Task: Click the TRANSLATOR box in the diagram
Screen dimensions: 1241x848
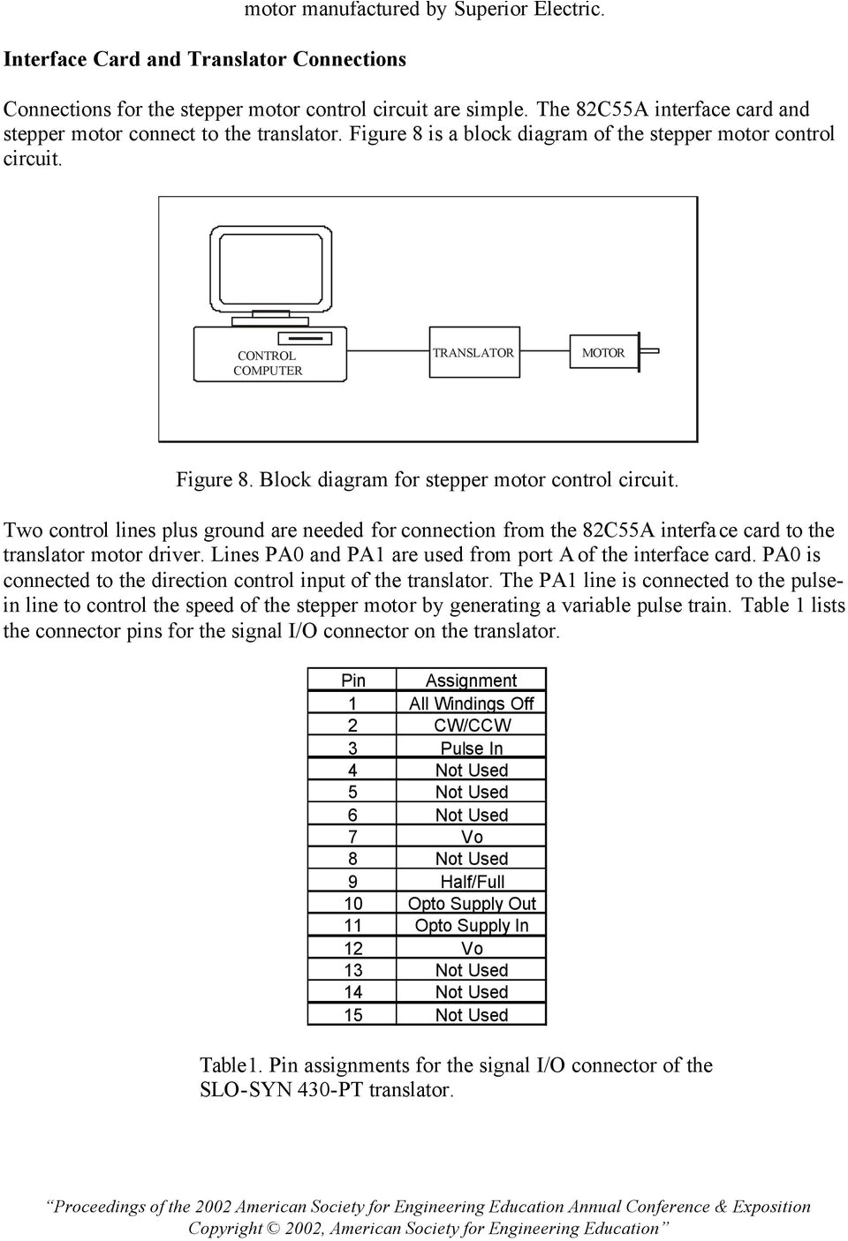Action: [473, 353]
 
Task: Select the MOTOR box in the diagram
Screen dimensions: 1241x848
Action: [603, 353]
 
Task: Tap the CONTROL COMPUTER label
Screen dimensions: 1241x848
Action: [268, 363]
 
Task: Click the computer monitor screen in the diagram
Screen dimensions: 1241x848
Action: [267, 269]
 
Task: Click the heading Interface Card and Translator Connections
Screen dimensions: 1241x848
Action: [205, 59]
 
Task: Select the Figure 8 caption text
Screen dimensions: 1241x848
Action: [427, 480]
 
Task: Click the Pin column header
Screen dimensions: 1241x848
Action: [352, 681]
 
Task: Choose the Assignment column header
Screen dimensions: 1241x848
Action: [471, 681]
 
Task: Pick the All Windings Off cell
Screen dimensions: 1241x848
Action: [471, 703]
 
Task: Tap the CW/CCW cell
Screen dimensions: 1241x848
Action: [471, 726]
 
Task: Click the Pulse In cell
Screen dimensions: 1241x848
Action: [471, 748]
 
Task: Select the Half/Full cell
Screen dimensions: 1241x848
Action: [471, 882]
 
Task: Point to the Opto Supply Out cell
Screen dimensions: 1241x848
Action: [471, 904]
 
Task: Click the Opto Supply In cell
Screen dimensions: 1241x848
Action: [471, 926]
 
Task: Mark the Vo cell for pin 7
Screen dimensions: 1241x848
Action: [471, 837]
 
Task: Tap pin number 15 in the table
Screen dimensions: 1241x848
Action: [352, 1015]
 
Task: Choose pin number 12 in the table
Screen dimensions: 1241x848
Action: [352, 948]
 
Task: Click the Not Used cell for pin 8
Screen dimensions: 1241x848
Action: [471, 859]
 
